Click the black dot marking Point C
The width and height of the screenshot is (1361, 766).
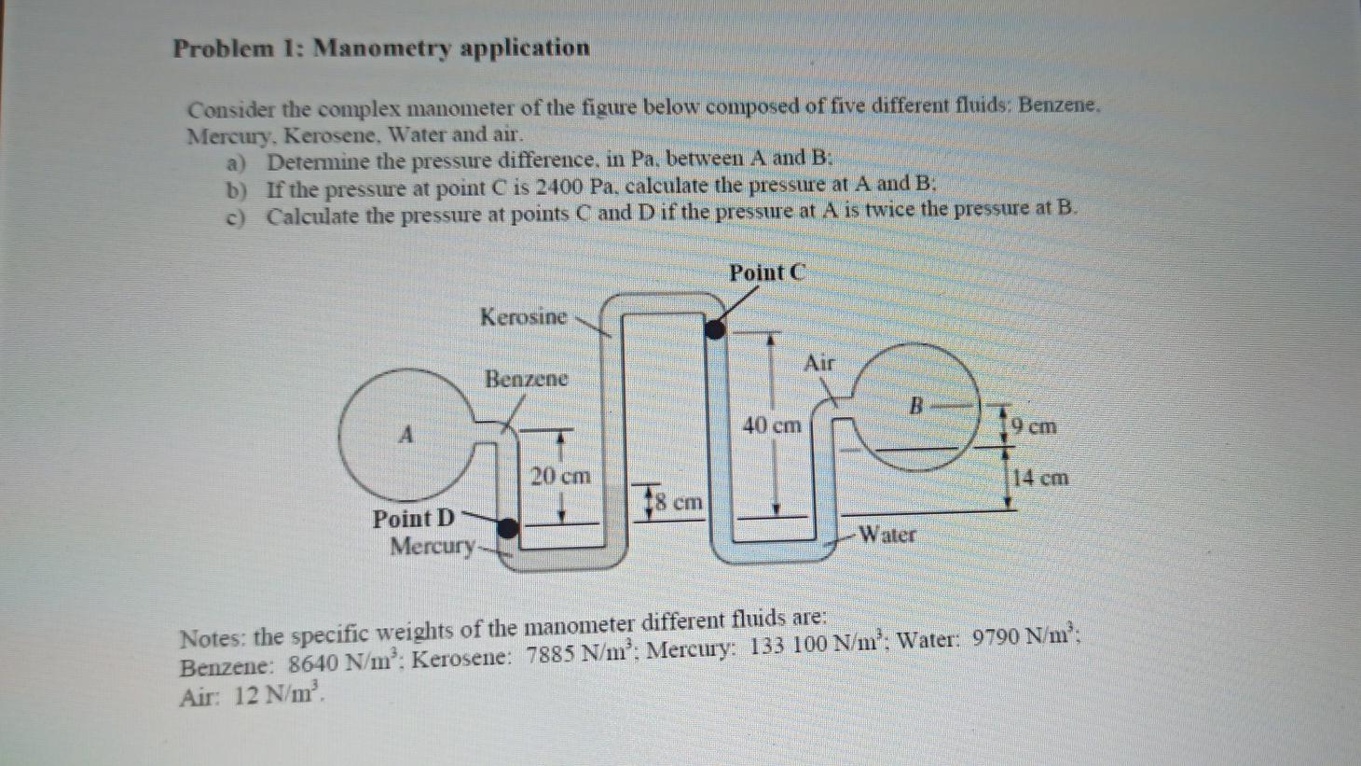pos(714,329)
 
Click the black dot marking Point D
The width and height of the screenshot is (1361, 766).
pos(507,529)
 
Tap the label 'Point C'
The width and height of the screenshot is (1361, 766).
pos(766,273)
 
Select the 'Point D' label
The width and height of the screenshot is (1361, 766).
pos(414,519)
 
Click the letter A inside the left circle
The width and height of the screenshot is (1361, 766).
pos(406,435)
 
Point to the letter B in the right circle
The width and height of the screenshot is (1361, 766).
pos(916,407)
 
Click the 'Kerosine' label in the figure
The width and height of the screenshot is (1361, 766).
pos(523,317)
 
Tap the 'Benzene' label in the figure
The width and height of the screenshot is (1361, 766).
pos(526,379)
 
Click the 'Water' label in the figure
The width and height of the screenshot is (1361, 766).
pos(887,535)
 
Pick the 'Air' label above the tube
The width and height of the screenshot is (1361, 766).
pos(819,363)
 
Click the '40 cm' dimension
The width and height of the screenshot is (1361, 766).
pos(772,426)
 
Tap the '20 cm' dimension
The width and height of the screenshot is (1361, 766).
pos(560,476)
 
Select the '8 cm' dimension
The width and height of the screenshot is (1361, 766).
pos(679,502)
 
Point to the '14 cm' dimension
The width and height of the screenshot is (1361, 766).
pos(1040,479)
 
